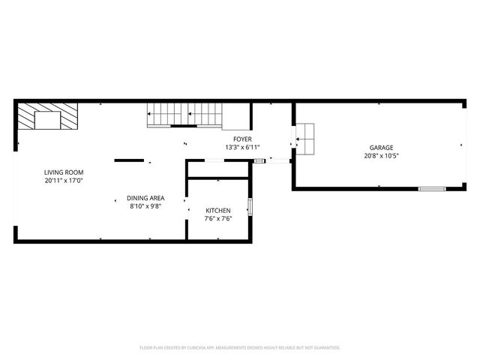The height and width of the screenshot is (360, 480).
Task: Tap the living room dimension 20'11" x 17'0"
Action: click(x=63, y=181)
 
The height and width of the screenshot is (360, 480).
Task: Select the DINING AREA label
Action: click(x=145, y=197)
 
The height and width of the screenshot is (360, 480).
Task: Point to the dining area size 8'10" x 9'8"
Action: click(x=145, y=205)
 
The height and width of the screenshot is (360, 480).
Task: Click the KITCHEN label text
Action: click(x=218, y=211)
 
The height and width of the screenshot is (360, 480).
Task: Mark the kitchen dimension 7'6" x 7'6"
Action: click(x=218, y=219)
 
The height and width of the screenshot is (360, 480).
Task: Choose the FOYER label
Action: click(x=242, y=139)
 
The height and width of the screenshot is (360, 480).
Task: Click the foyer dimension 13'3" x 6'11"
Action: click(x=242, y=147)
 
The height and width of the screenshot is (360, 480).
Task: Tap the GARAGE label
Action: click(x=381, y=148)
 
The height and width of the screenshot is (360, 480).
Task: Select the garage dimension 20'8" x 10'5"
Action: click(x=381, y=156)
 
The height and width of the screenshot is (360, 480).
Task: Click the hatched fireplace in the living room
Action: click(x=48, y=117)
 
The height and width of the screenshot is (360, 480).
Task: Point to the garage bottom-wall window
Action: click(x=432, y=187)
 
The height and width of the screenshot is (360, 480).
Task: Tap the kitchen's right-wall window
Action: click(x=250, y=206)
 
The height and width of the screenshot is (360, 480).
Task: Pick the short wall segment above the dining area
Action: click(x=130, y=160)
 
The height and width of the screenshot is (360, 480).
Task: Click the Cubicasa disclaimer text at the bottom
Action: click(x=240, y=347)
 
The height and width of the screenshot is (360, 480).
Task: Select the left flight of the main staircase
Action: click(x=165, y=115)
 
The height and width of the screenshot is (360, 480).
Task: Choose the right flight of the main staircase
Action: click(x=205, y=115)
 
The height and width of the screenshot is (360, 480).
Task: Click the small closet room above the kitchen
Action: click(x=218, y=169)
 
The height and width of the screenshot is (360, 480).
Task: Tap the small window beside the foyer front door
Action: click(x=259, y=160)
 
